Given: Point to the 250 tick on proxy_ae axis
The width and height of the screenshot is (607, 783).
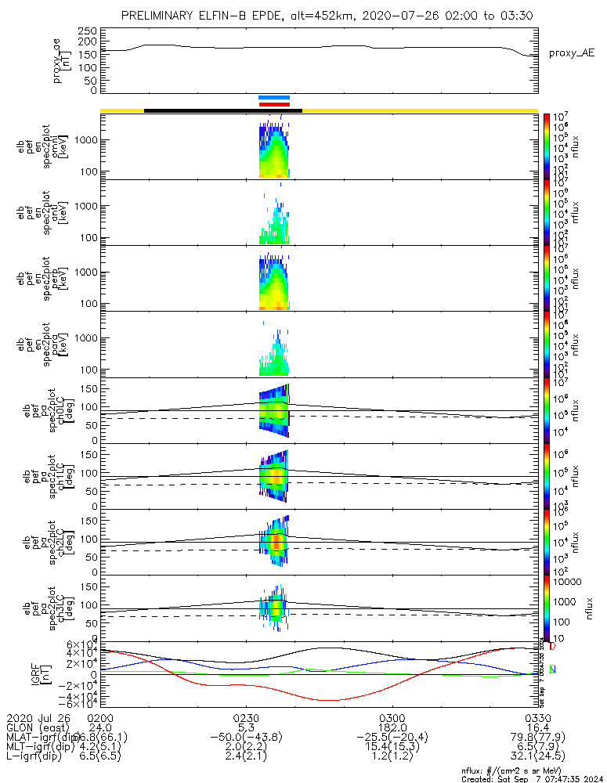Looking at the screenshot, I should (x=87, y=31).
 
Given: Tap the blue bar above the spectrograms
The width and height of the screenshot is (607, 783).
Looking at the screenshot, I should (x=274, y=98).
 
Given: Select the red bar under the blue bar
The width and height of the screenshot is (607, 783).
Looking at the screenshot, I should (x=274, y=103).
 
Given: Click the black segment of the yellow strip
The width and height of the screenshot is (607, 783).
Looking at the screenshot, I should (x=223, y=110).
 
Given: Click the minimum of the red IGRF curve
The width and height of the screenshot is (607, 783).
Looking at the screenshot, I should (x=329, y=700).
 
